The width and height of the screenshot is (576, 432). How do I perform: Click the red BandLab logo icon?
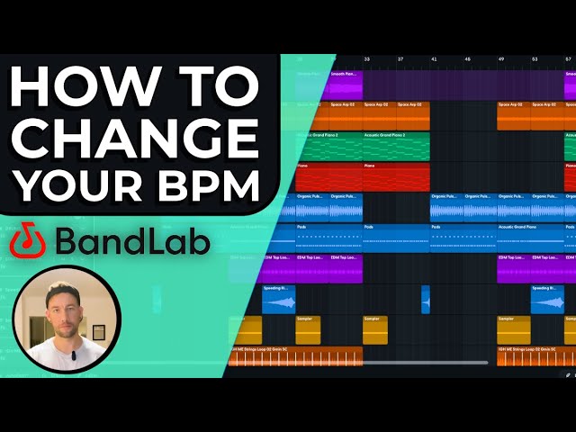[30, 241]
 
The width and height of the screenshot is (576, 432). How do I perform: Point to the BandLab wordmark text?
[132, 241]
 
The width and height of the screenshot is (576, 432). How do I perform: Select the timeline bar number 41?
[433, 59]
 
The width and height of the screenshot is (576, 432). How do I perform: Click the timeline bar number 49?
[500, 59]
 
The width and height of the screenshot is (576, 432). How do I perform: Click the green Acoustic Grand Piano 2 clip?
[396, 147]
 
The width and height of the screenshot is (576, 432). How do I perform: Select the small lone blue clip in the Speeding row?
[426, 300]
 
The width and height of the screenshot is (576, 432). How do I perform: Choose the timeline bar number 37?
[400, 59]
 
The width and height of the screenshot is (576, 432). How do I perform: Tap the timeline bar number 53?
[535, 59]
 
